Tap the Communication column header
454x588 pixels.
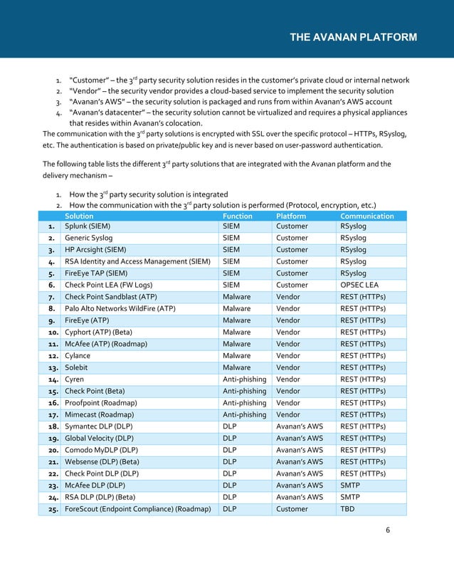coord(367,216)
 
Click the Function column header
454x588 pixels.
coord(237,216)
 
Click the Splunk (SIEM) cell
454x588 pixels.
coord(90,226)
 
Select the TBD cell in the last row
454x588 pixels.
coord(348,509)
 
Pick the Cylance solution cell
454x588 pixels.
coord(79,356)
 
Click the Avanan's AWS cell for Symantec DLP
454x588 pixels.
coord(299,426)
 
